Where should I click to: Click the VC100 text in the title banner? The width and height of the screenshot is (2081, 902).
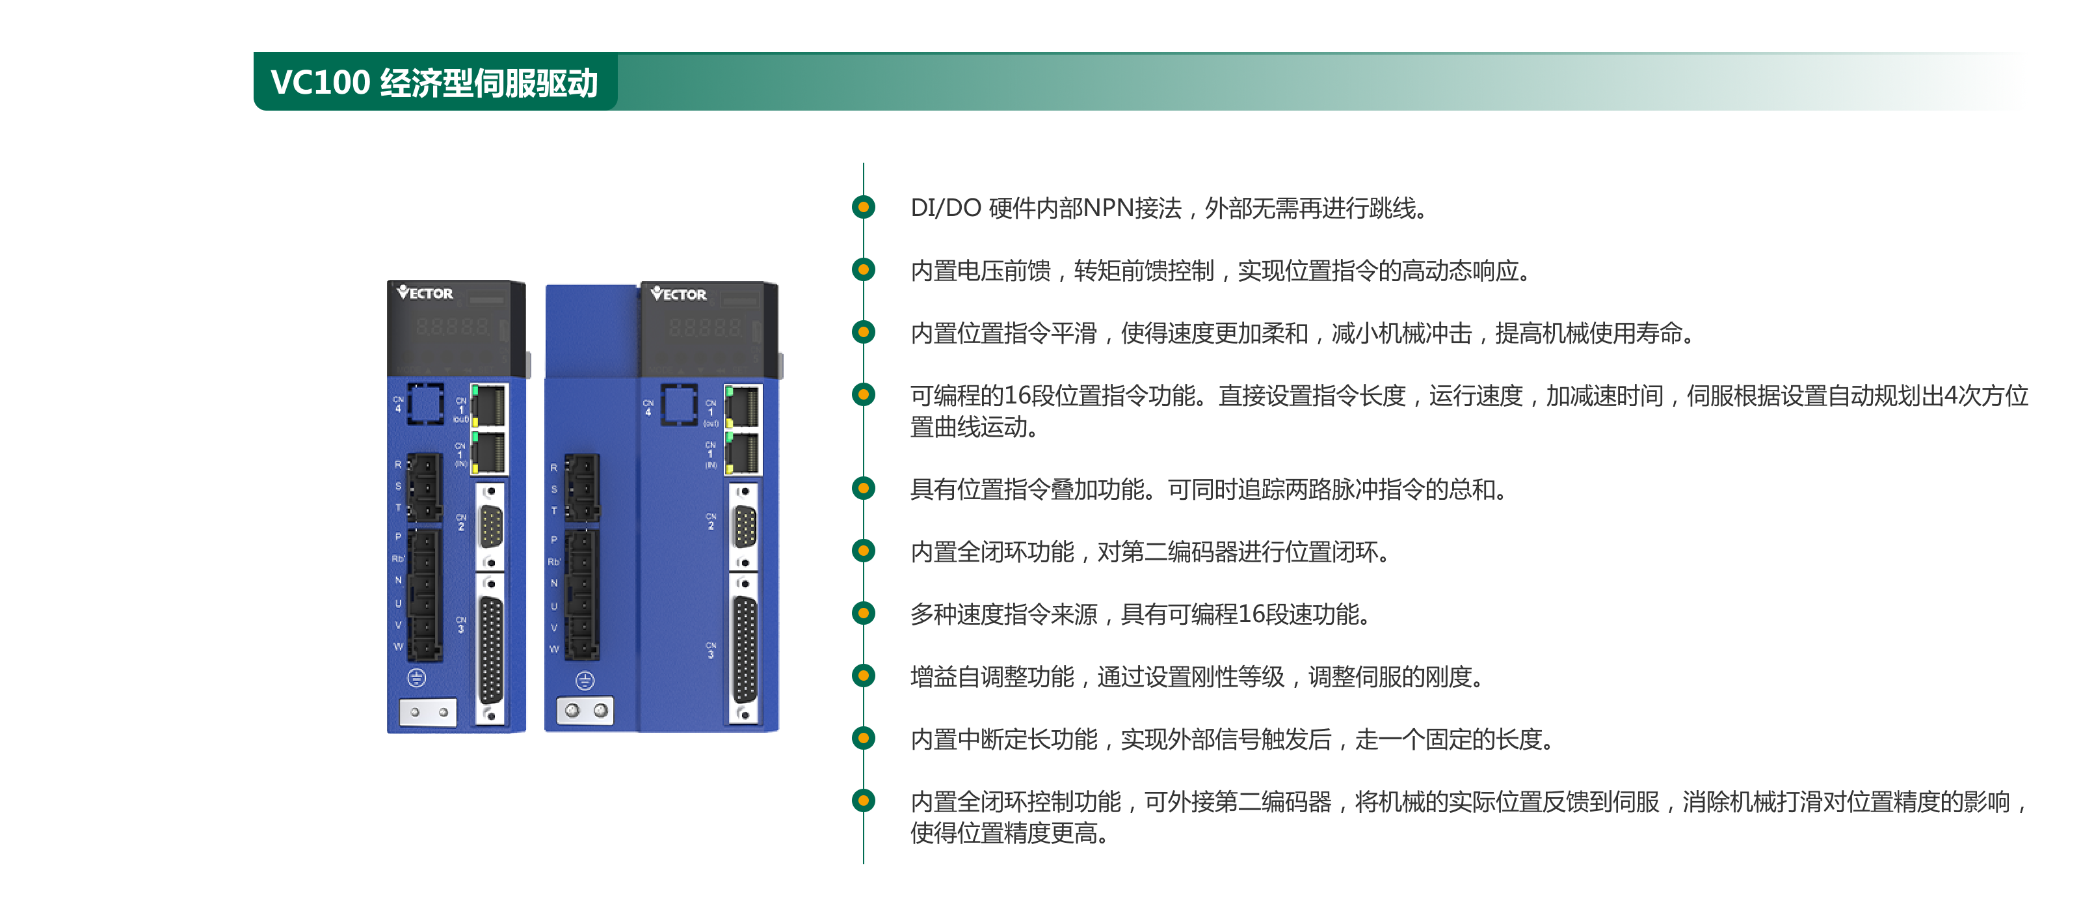[x=320, y=83]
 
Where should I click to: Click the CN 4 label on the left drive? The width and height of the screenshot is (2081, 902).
[x=398, y=404]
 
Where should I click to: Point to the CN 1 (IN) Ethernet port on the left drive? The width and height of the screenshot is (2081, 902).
[x=490, y=452]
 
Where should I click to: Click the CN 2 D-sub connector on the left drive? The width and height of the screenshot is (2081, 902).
[x=490, y=528]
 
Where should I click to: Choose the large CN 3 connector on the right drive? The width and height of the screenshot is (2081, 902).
[x=744, y=650]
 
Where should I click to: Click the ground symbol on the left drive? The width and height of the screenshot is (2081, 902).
[x=417, y=677]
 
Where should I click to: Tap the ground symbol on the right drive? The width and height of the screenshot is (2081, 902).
[x=585, y=681]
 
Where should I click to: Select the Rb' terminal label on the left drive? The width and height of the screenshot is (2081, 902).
[x=397, y=558]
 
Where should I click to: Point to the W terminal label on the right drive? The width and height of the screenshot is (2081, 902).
[x=554, y=649]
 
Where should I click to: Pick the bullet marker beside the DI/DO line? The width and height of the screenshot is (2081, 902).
[x=864, y=208]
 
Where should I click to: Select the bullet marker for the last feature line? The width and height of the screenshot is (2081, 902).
[x=864, y=801]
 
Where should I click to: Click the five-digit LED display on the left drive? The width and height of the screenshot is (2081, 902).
[x=453, y=327]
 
